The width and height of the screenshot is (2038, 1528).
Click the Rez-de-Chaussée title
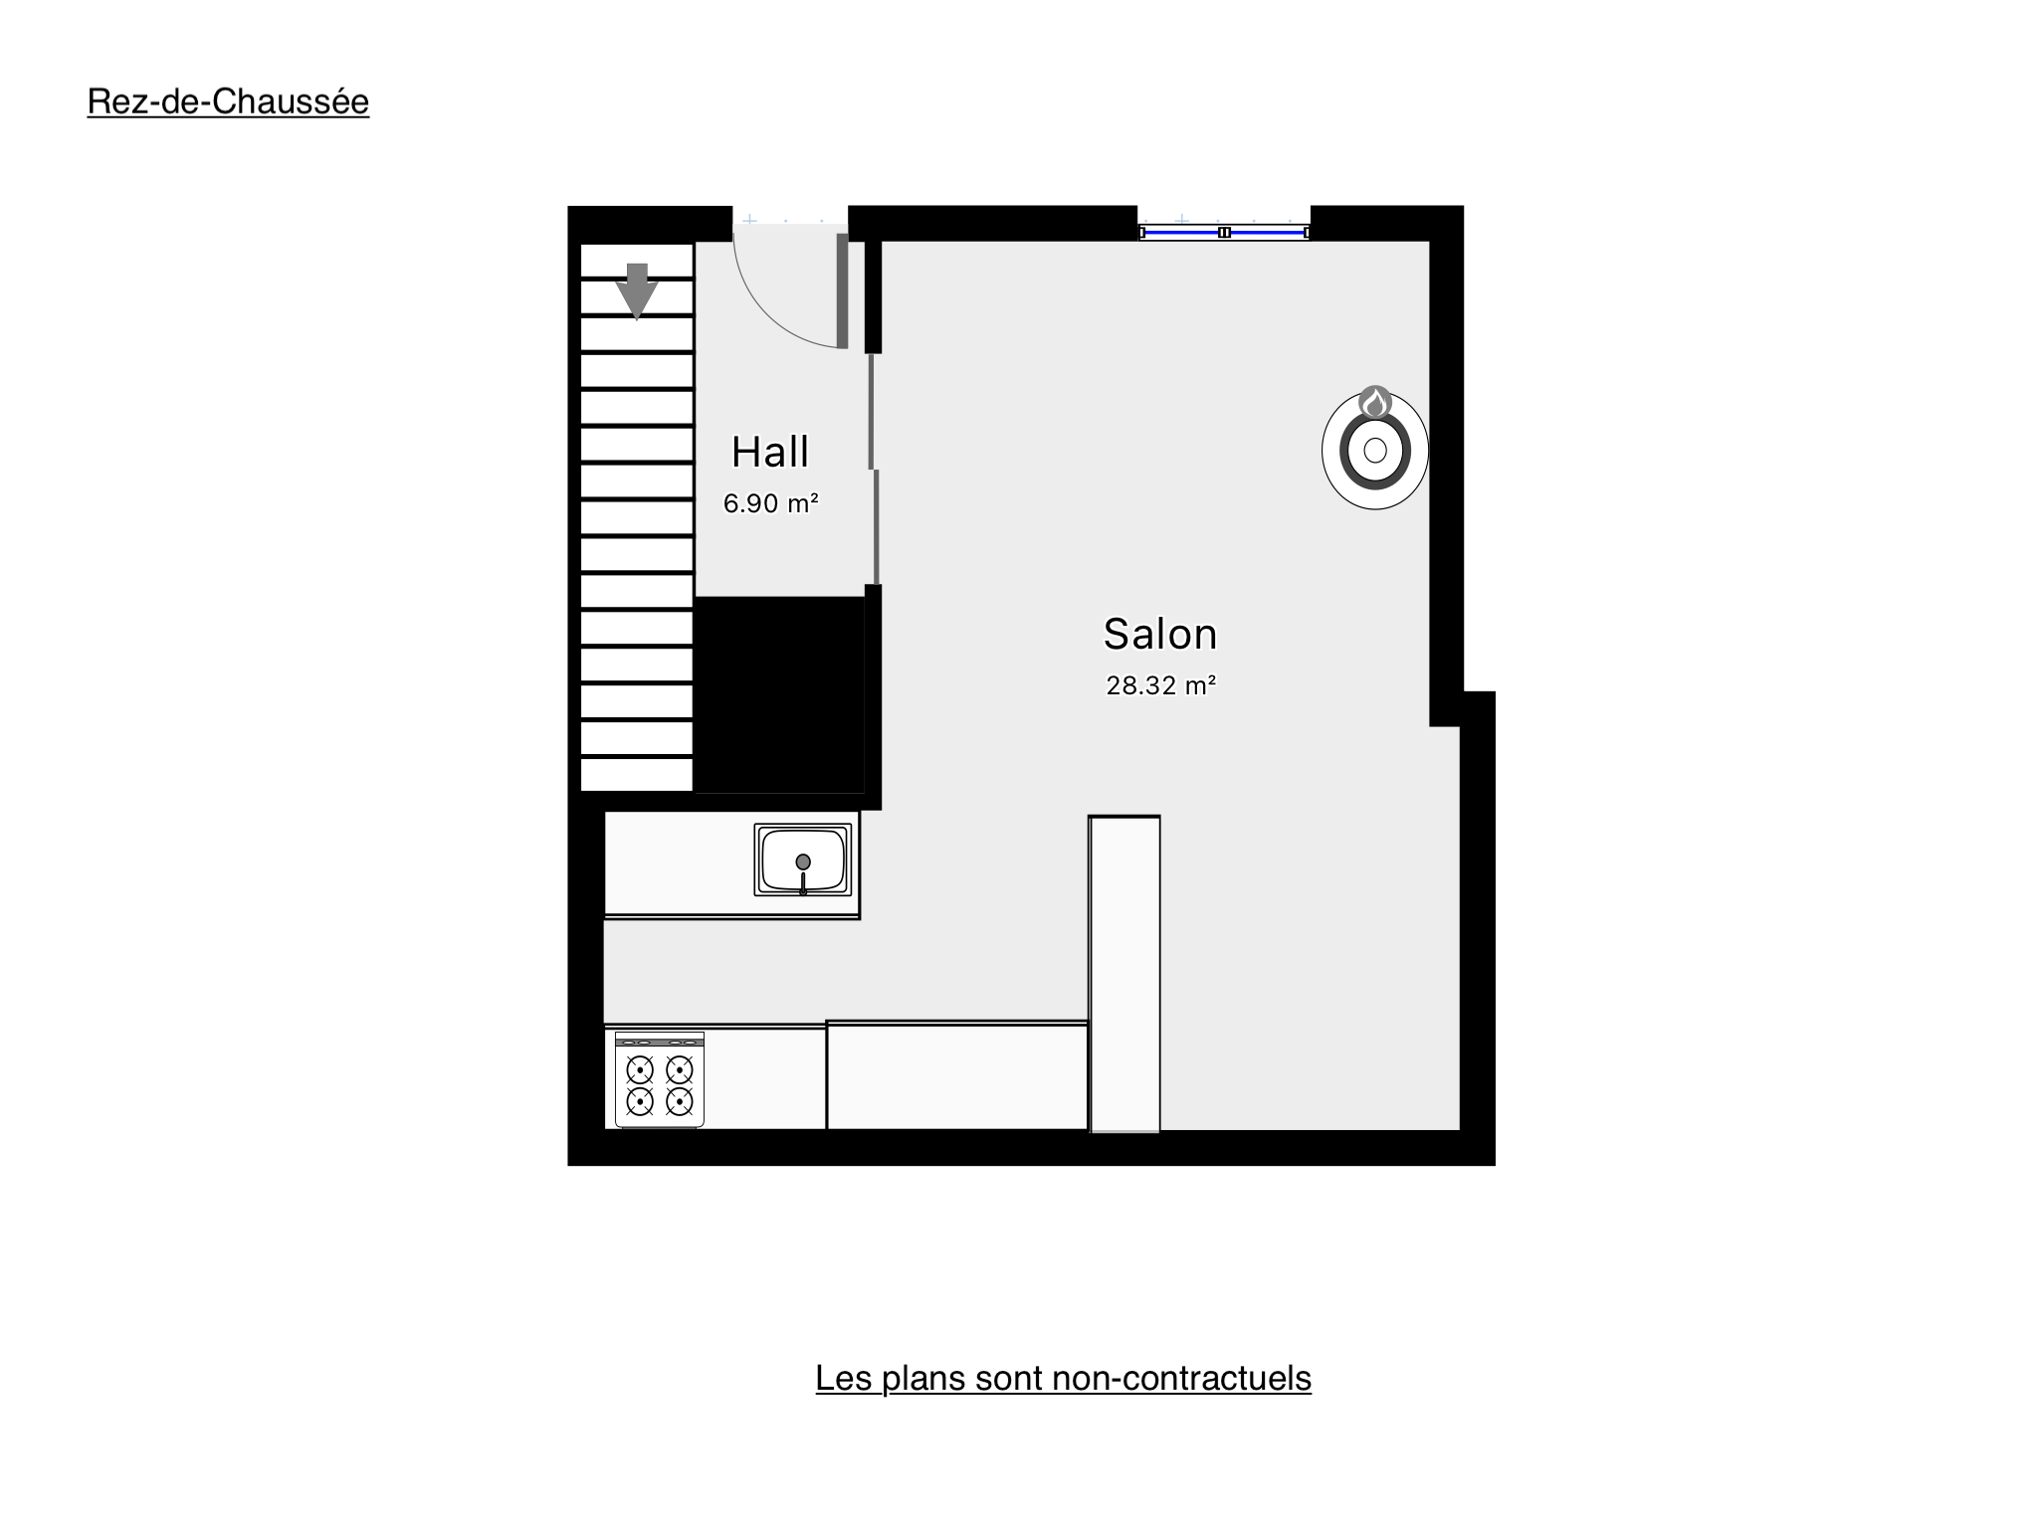pyautogui.click(x=228, y=101)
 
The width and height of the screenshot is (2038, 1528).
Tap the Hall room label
pyautogui.click(x=770, y=452)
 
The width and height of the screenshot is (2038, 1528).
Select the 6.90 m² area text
pyautogui.click(x=770, y=503)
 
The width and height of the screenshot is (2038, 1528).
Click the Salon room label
pyautogui.click(x=1160, y=634)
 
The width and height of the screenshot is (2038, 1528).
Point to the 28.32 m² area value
pyautogui.click(x=1161, y=685)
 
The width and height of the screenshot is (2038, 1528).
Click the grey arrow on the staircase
pyautogui.click(x=637, y=290)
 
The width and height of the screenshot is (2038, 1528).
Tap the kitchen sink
pyautogui.click(x=802, y=859)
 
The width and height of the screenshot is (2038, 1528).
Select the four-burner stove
pyautogui.click(x=659, y=1079)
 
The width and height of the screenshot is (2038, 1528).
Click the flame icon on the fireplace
pyautogui.click(x=1375, y=402)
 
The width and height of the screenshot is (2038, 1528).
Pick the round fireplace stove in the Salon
pyautogui.click(x=1375, y=450)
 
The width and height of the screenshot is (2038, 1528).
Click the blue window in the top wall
pyautogui.click(x=1224, y=232)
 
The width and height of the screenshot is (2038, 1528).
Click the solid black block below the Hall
pyautogui.click(x=779, y=694)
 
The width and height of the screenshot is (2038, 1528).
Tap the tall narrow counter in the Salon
pyautogui.click(x=1124, y=974)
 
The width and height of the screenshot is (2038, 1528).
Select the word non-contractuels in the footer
pyautogui.click(x=1181, y=1378)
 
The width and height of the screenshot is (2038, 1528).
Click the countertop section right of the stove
pyautogui.click(x=956, y=1075)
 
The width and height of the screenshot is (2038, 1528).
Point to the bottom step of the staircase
pyautogui.click(x=637, y=775)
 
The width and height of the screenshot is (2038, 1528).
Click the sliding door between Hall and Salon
pyautogui.click(x=874, y=469)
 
